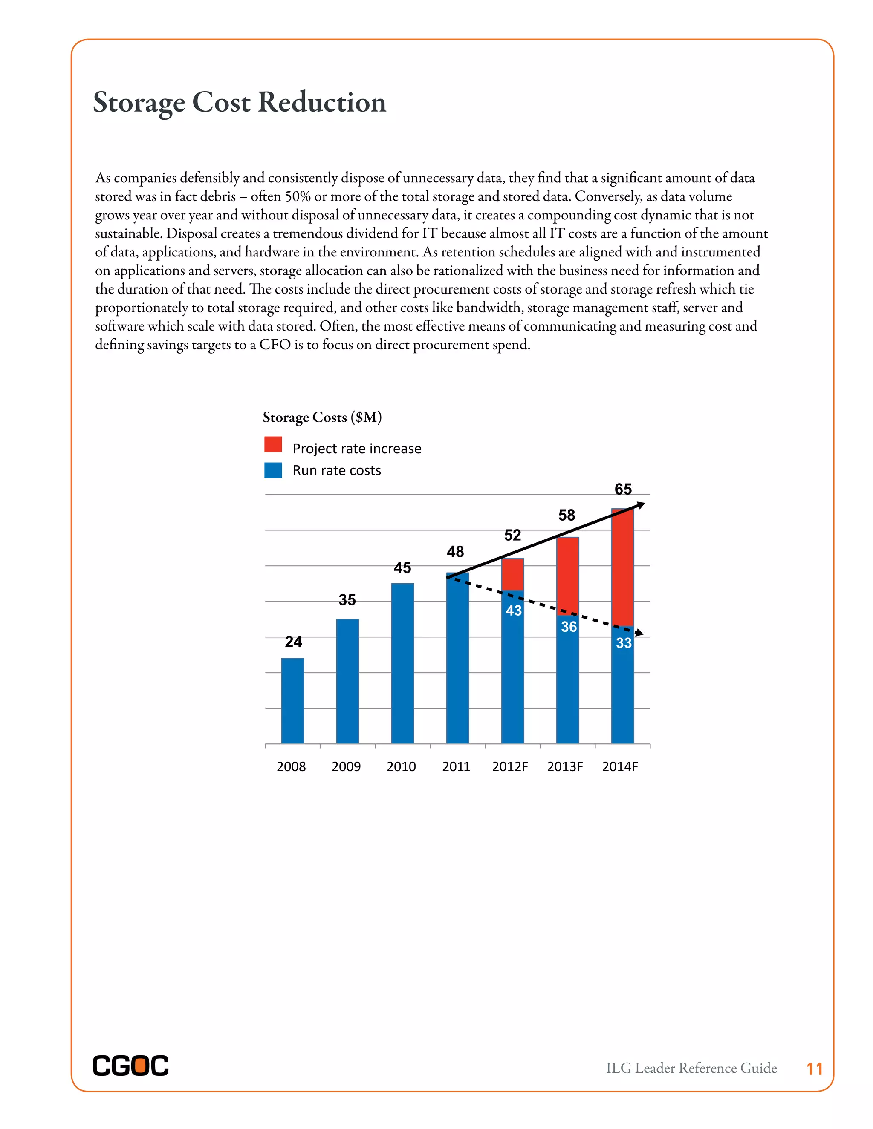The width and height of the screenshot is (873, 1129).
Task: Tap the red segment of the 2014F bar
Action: tap(622, 567)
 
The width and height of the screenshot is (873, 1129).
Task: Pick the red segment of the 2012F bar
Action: tap(512, 574)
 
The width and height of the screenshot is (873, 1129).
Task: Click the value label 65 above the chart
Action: tap(623, 489)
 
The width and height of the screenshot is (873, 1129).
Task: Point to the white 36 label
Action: tap(568, 627)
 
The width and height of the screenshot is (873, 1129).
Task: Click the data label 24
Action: tap(293, 642)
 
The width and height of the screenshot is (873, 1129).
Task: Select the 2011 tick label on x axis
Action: tap(456, 766)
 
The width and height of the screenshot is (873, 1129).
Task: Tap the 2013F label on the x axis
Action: tap(565, 766)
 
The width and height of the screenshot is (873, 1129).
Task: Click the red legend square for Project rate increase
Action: tap(273, 444)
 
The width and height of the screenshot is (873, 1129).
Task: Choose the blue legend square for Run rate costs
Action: tap(273, 470)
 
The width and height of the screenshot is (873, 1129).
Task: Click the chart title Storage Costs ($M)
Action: tap(322, 417)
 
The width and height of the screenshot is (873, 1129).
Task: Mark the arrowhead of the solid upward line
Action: tap(641, 505)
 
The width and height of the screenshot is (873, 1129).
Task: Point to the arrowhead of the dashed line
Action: tap(640, 633)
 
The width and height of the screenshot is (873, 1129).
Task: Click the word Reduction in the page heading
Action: tap(322, 102)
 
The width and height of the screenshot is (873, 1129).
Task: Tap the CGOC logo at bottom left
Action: tap(130, 1066)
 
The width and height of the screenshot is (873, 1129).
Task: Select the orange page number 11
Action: tap(815, 1069)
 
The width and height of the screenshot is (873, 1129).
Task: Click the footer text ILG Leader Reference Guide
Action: tap(691, 1068)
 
